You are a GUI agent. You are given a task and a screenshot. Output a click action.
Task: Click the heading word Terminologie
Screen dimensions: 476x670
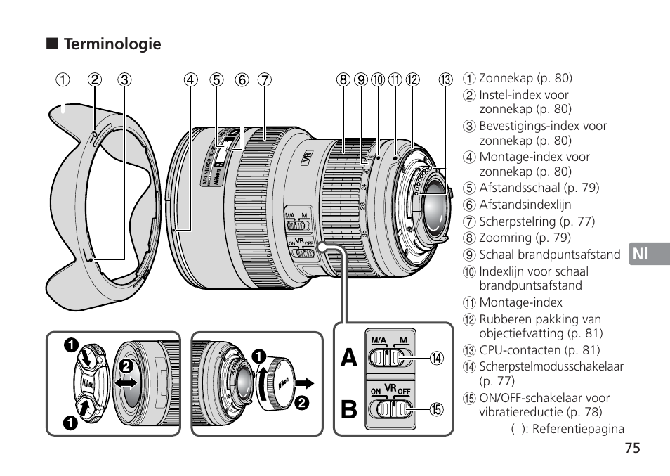point(112,44)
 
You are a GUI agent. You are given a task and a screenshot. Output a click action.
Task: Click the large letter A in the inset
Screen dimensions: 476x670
point(349,359)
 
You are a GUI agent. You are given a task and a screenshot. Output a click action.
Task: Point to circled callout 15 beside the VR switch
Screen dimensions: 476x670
point(438,409)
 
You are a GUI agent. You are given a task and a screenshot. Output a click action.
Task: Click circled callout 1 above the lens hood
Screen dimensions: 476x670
point(64,79)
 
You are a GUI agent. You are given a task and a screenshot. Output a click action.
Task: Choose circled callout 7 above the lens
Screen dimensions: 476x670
point(263,79)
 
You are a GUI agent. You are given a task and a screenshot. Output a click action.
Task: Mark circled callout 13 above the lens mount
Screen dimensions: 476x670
point(445,79)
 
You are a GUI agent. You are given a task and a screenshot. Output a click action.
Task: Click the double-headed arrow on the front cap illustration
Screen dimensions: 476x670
point(127,384)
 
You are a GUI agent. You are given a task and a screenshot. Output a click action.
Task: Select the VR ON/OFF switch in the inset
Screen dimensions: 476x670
point(389,409)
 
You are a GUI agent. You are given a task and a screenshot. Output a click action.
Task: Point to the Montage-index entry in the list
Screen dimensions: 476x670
point(520,302)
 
